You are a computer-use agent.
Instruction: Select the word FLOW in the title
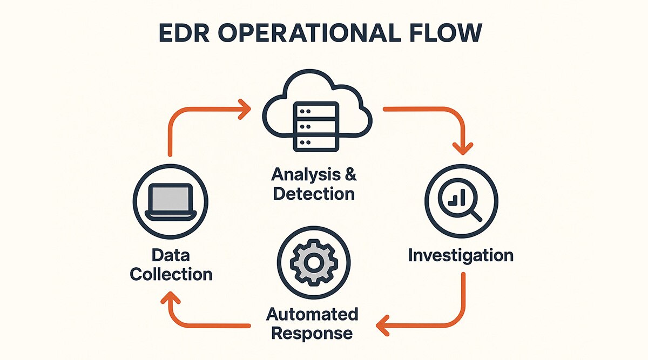pyautogui.click(x=449, y=33)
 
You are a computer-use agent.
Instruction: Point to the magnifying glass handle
pyautogui.click(x=475, y=215)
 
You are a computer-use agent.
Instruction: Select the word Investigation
pyautogui.click(x=461, y=255)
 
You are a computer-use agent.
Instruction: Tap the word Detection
pyautogui.click(x=314, y=193)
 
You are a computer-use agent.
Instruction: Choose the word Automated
pyautogui.click(x=312, y=314)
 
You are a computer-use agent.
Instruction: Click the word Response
pyautogui.click(x=312, y=332)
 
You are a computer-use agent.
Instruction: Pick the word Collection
pyautogui.click(x=171, y=274)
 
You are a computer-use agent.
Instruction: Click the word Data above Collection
pyautogui.click(x=171, y=255)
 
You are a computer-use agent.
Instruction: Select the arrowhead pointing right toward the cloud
pyautogui.click(x=245, y=108)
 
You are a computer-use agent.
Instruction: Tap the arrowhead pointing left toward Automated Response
pyautogui.click(x=382, y=325)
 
